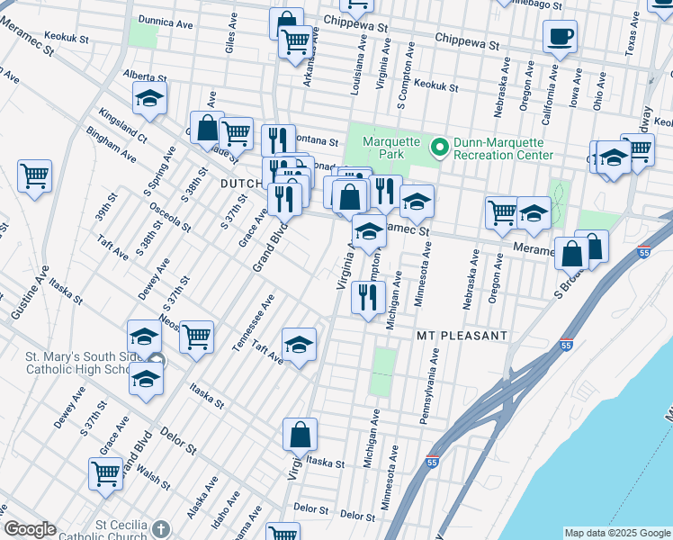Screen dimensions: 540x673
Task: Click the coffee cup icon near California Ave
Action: pyautogui.click(x=560, y=37)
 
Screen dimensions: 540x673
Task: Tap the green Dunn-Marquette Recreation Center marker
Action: pyautogui.click(x=440, y=146)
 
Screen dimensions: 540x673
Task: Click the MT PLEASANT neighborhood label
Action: pyautogui.click(x=462, y=335)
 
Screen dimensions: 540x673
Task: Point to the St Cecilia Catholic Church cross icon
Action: pyautogui.click(x=160, y=528)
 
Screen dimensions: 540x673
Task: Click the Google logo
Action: pyautogui.click(x=30, y=529)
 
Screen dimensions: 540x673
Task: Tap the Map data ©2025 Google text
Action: pyautogui.click(x=617, y=533)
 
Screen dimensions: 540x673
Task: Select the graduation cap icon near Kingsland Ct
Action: pyautogui.click(x=149, y=98)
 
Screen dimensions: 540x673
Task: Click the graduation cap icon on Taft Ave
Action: pyautogui.click(x=299, y=343)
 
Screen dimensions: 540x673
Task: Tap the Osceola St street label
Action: pyautogui.click(x=169, y=212)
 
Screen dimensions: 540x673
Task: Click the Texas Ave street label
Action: pyautogui.click(x=632, y=37)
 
